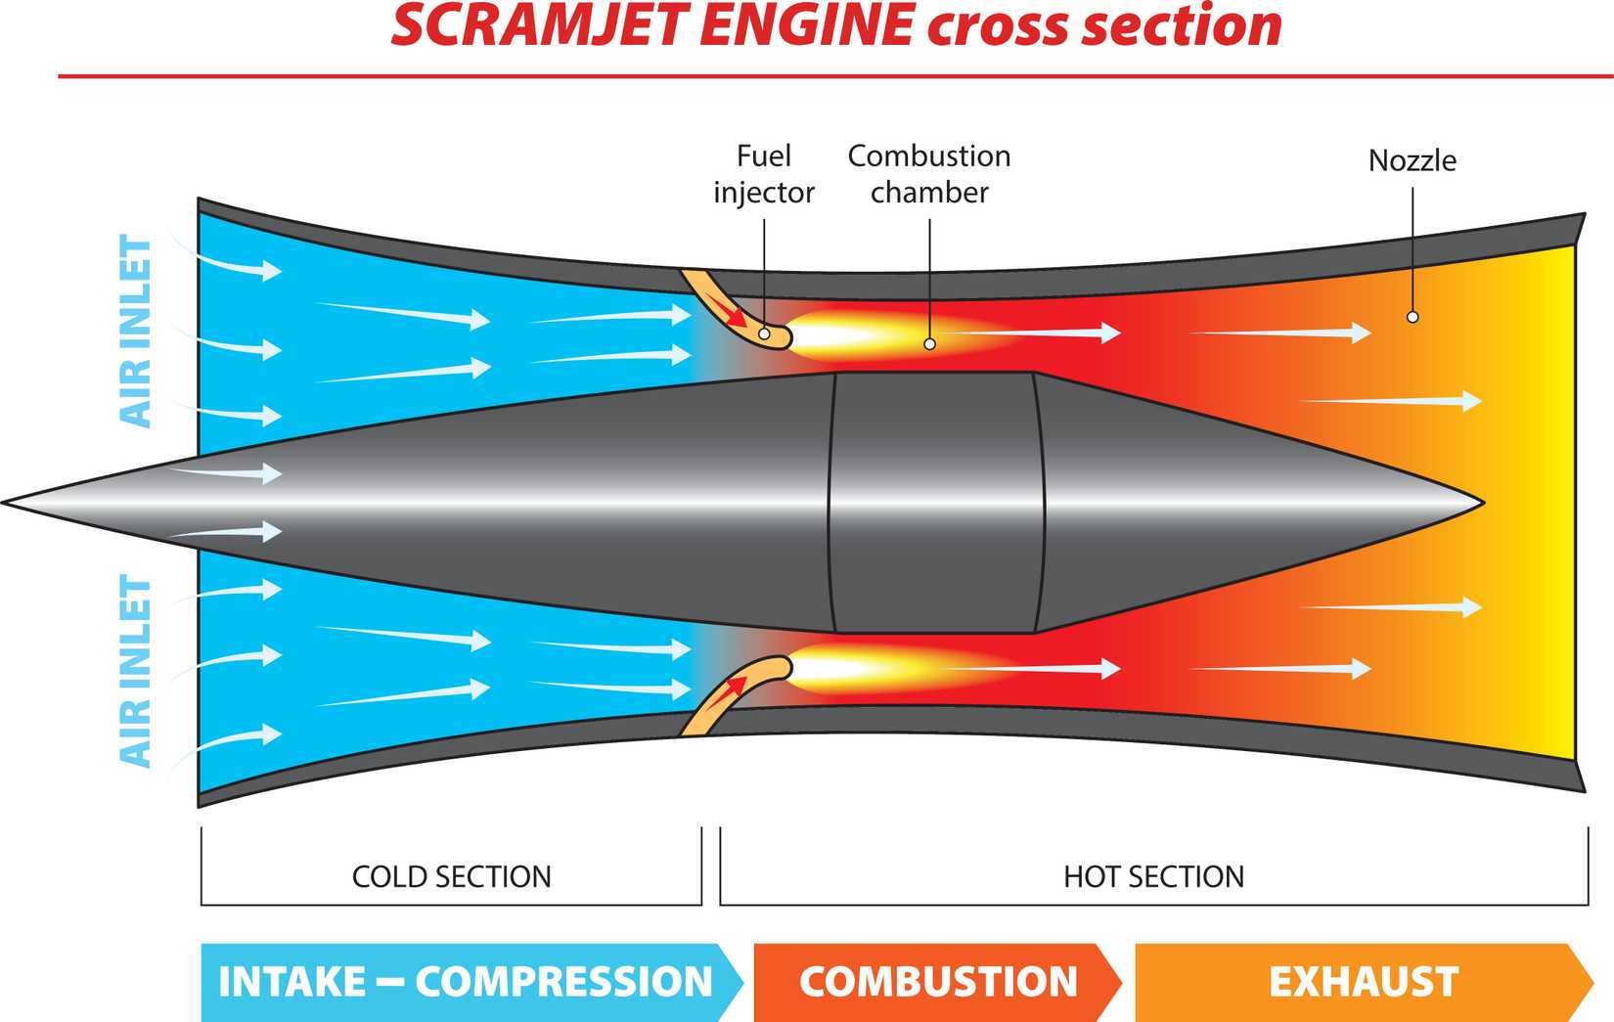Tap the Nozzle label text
pyautogui.click(x=1412, y=160)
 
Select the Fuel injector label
pyautogui.click(x=764, y=174)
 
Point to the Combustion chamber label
pyautogui.click(x=929, y=174)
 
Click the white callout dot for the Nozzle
pyautogui.click(x=1412, y=317)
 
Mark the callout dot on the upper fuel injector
pyautogui.click(x=764, y=334)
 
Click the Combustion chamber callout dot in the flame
pyautogui.click(x=929, y=344)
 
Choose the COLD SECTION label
pyautogui.click(x=451, y=876)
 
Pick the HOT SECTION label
pyautogui.click(x=1153, y=876)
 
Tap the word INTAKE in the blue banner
pyautogui.click(x=291, y=982)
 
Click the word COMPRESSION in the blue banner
pyautogui.click(x=564, y=982)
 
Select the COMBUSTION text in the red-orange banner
pyautogui.click(x=938, y=982)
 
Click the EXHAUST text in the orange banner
pyautogui.click(x=1364, y=982)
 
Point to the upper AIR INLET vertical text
pyautogui.click(x=136, y=331)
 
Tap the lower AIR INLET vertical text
pyautogui.click(x=136, y=671)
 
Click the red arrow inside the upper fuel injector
pyautogui.click(x=728, y=314)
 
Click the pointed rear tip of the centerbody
pyautogui.click(x=1481, y=504)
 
